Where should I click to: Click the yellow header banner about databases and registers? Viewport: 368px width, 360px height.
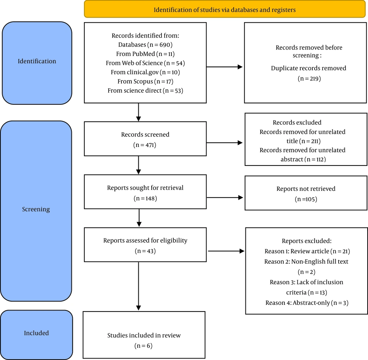[224, 10]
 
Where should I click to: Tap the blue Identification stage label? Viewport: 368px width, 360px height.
[37, 63]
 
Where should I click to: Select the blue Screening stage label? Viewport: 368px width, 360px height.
[36, 211]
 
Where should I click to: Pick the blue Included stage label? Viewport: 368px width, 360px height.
[36, 335]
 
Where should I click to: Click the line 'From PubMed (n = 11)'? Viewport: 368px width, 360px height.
[145, 54]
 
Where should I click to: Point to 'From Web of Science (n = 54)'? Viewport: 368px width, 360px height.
[145, 63]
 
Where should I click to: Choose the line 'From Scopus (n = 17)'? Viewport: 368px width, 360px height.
[145, 81]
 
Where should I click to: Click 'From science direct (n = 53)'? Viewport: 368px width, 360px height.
[145, 90]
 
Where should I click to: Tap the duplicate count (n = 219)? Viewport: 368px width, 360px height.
[309, 78]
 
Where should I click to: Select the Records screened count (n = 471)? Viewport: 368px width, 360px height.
[145, 145]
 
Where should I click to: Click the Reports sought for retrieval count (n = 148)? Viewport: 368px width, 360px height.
[145, 199]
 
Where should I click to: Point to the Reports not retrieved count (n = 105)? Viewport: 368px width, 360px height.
[306, 199]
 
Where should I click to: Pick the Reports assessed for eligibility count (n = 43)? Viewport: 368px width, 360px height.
[145, 251]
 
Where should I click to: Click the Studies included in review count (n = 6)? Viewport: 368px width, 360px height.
[144, 346]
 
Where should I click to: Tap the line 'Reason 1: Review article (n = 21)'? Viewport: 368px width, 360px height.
[307, 251]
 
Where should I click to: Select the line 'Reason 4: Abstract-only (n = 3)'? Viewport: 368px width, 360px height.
[307, 303]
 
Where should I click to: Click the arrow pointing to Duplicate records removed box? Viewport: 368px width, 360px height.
[224, 67]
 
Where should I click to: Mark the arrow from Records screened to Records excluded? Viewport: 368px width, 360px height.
[224, 143]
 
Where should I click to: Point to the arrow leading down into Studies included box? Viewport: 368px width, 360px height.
[138, 286]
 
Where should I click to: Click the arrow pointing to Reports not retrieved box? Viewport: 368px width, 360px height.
[224, 197]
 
